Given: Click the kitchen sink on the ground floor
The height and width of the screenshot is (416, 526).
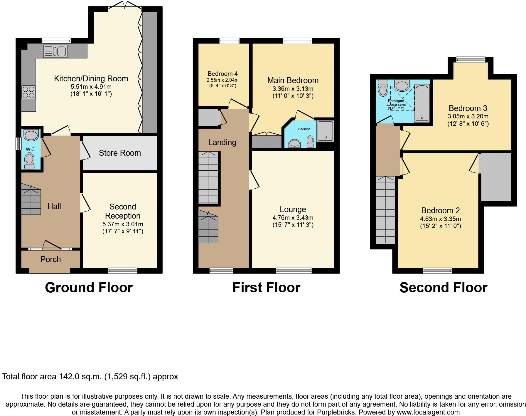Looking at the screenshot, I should pyautogui.click(x=55, y=51).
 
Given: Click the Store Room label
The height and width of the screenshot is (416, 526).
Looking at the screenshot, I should pyautogui.click(x=120, y=153).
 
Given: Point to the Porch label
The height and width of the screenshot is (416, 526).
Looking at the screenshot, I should pyautogui.click(x=50, y=259).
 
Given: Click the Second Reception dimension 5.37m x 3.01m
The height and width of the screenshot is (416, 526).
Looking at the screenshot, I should pyautogui.click(x=123, y=224).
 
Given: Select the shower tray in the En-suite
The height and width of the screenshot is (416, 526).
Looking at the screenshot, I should pyautogui.click(x=325, y=131).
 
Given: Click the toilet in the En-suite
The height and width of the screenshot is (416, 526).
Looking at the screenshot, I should pyautogui.click(x=310, y=141).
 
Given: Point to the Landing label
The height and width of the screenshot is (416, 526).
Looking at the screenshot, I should pyautogui.click(x=222, y=142).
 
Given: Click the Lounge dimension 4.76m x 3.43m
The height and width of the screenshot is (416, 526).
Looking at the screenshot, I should pyautogui.click(x=293, y=218).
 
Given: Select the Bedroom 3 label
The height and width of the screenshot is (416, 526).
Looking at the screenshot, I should pyautogui.click(x=468, y=108).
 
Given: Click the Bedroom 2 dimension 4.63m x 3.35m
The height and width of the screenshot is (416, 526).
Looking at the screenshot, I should pyautogui.click(x=440, y=219).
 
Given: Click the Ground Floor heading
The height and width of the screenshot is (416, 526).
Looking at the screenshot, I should pyautogui.click(x=89, y=288).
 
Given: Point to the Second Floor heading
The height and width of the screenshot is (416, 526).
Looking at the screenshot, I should pyautogui.click(x=443, y=288).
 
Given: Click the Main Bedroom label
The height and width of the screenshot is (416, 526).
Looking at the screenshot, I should pyautogui.click(x=293, y=80).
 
